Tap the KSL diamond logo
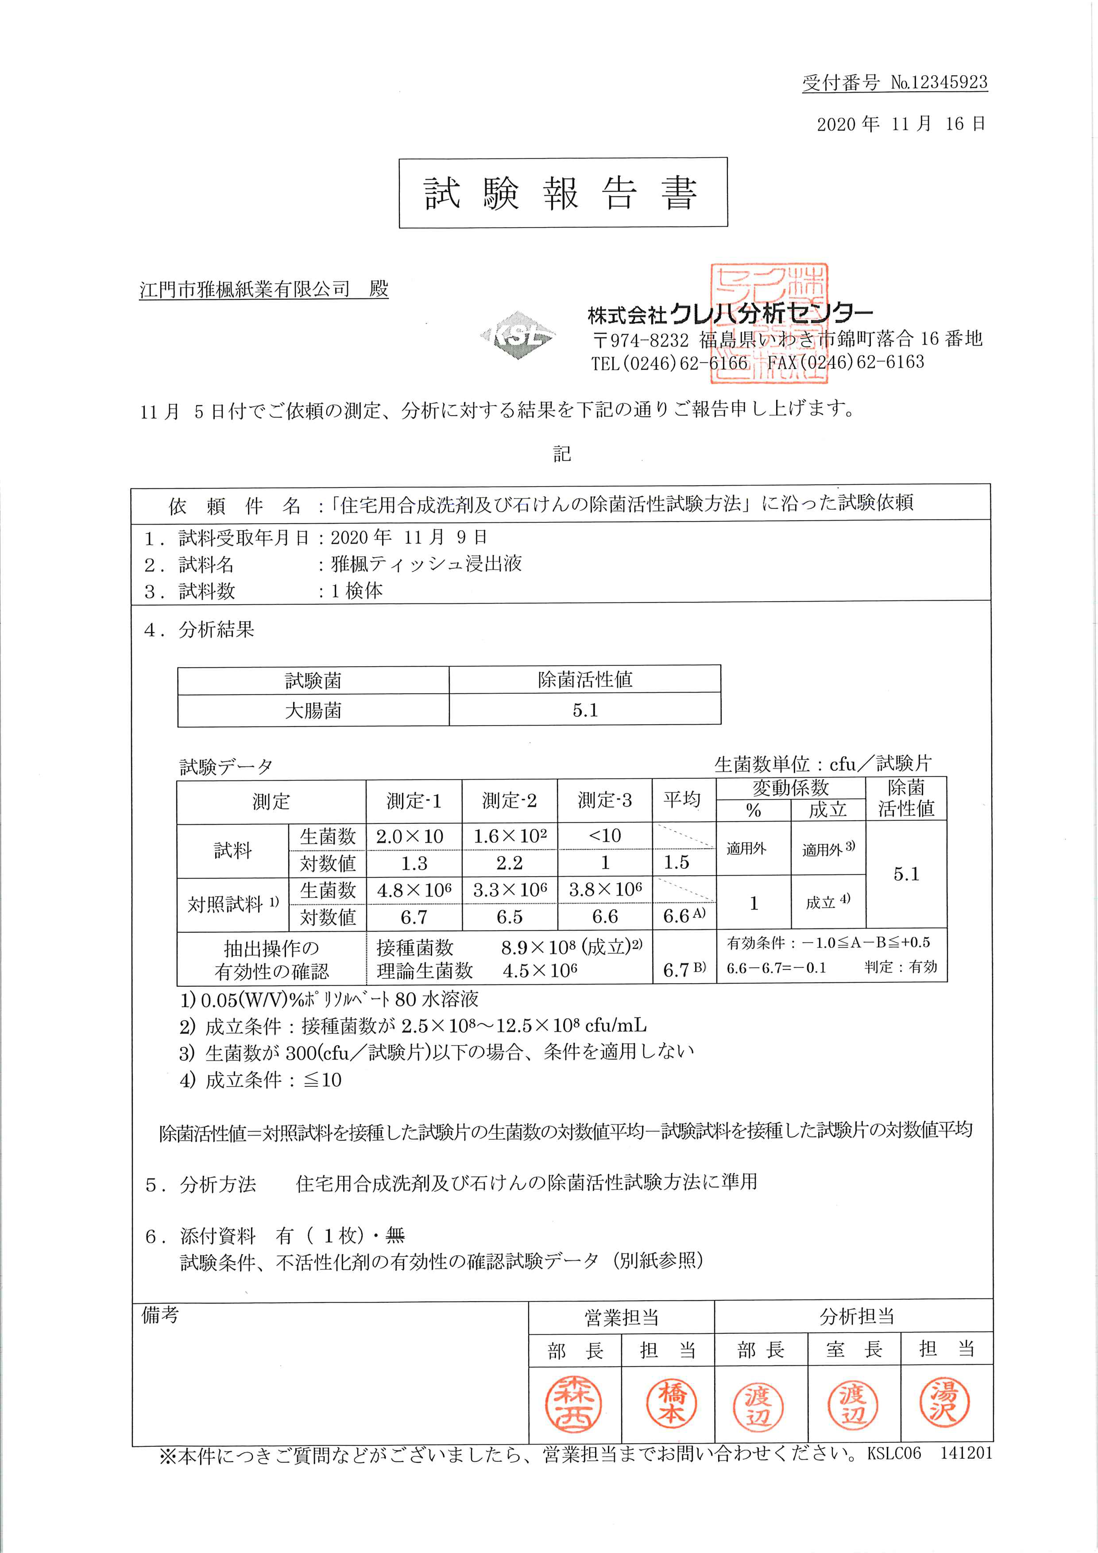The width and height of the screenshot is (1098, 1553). click(518, 335)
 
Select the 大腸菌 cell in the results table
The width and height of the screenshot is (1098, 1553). click(313, 710)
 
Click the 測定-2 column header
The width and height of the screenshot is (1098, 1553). click(510, 801)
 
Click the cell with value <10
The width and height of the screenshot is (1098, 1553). click(605, 835)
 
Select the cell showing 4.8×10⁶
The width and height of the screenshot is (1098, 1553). click(414, 890)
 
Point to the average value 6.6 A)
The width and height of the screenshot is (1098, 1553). click(683, 916)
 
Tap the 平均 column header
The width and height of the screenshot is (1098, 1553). click(682, 800)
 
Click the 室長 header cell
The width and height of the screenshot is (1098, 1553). click(854, 1349)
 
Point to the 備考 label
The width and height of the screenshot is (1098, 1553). click(160, 1314)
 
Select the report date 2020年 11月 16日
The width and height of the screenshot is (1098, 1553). click(901, 124)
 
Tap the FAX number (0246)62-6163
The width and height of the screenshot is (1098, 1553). click(846, 363)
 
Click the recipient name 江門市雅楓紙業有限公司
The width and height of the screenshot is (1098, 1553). click(245, 290)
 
